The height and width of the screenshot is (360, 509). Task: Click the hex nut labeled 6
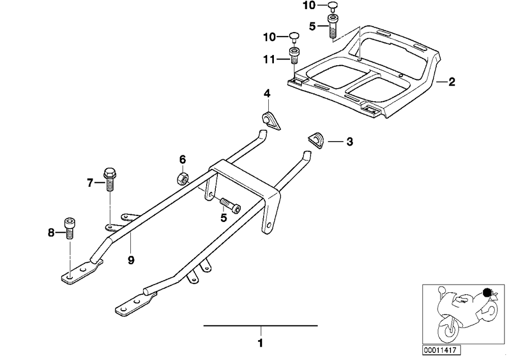coord(182,178)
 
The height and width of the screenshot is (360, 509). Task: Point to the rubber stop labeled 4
coord(271,120)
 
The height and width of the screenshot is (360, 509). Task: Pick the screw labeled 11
coord(294,56)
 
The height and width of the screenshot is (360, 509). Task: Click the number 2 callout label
coord(451,82)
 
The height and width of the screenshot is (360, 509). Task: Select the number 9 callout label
coord(131,260)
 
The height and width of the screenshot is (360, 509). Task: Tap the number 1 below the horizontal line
coord(260,343)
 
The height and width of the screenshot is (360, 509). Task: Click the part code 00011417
coord(441,350)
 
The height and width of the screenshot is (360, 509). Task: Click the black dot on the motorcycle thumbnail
coord(487,292)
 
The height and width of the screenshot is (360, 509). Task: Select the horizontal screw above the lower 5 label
coord(231,206)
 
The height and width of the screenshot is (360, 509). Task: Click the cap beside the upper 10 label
coord(332,7)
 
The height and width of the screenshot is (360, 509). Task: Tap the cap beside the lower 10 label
coord(294,37)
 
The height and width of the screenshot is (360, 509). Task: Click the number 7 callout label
coord(90,183)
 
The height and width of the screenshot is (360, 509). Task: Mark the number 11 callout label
coord(269,60)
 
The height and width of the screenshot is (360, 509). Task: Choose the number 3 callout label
coord(349,142)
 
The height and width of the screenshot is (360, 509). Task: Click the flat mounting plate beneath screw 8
coord(82,272)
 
